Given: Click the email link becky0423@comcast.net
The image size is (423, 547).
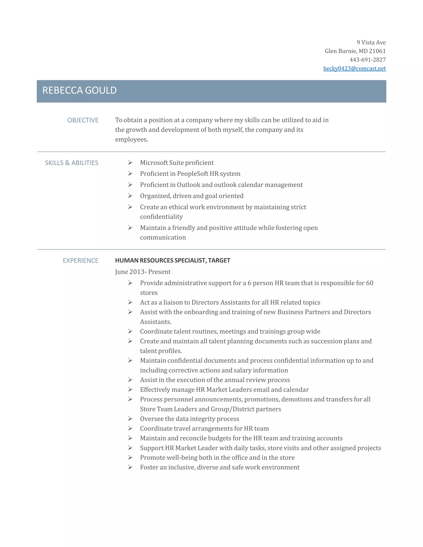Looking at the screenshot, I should (x=354, y=69).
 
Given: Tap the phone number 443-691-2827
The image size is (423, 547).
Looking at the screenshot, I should (x=367, y=60).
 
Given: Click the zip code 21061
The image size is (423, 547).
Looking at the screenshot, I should (x=377, y=51).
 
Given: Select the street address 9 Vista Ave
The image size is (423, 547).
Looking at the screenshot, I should (x=371, y=43).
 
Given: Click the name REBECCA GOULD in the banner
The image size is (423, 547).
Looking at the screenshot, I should (x=80, y=90).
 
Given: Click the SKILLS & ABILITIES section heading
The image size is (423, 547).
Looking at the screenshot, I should (x=71, y=163).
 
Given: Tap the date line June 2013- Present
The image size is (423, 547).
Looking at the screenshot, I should (x=143, y=272).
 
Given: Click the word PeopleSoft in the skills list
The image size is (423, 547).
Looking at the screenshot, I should (x=192, y=174).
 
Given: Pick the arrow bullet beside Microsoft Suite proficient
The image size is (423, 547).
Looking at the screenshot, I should (x=130, y=162).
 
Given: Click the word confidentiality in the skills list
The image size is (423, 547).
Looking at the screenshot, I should (x=161, y=217).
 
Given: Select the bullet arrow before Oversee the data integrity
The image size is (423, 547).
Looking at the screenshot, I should (x=130, y=419).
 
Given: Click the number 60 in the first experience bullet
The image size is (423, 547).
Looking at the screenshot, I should (x=369, y=283).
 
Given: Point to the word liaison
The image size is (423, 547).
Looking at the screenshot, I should (x=173, y=303).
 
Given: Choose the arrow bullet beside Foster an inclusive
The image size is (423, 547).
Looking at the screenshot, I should (x=130, y=467).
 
